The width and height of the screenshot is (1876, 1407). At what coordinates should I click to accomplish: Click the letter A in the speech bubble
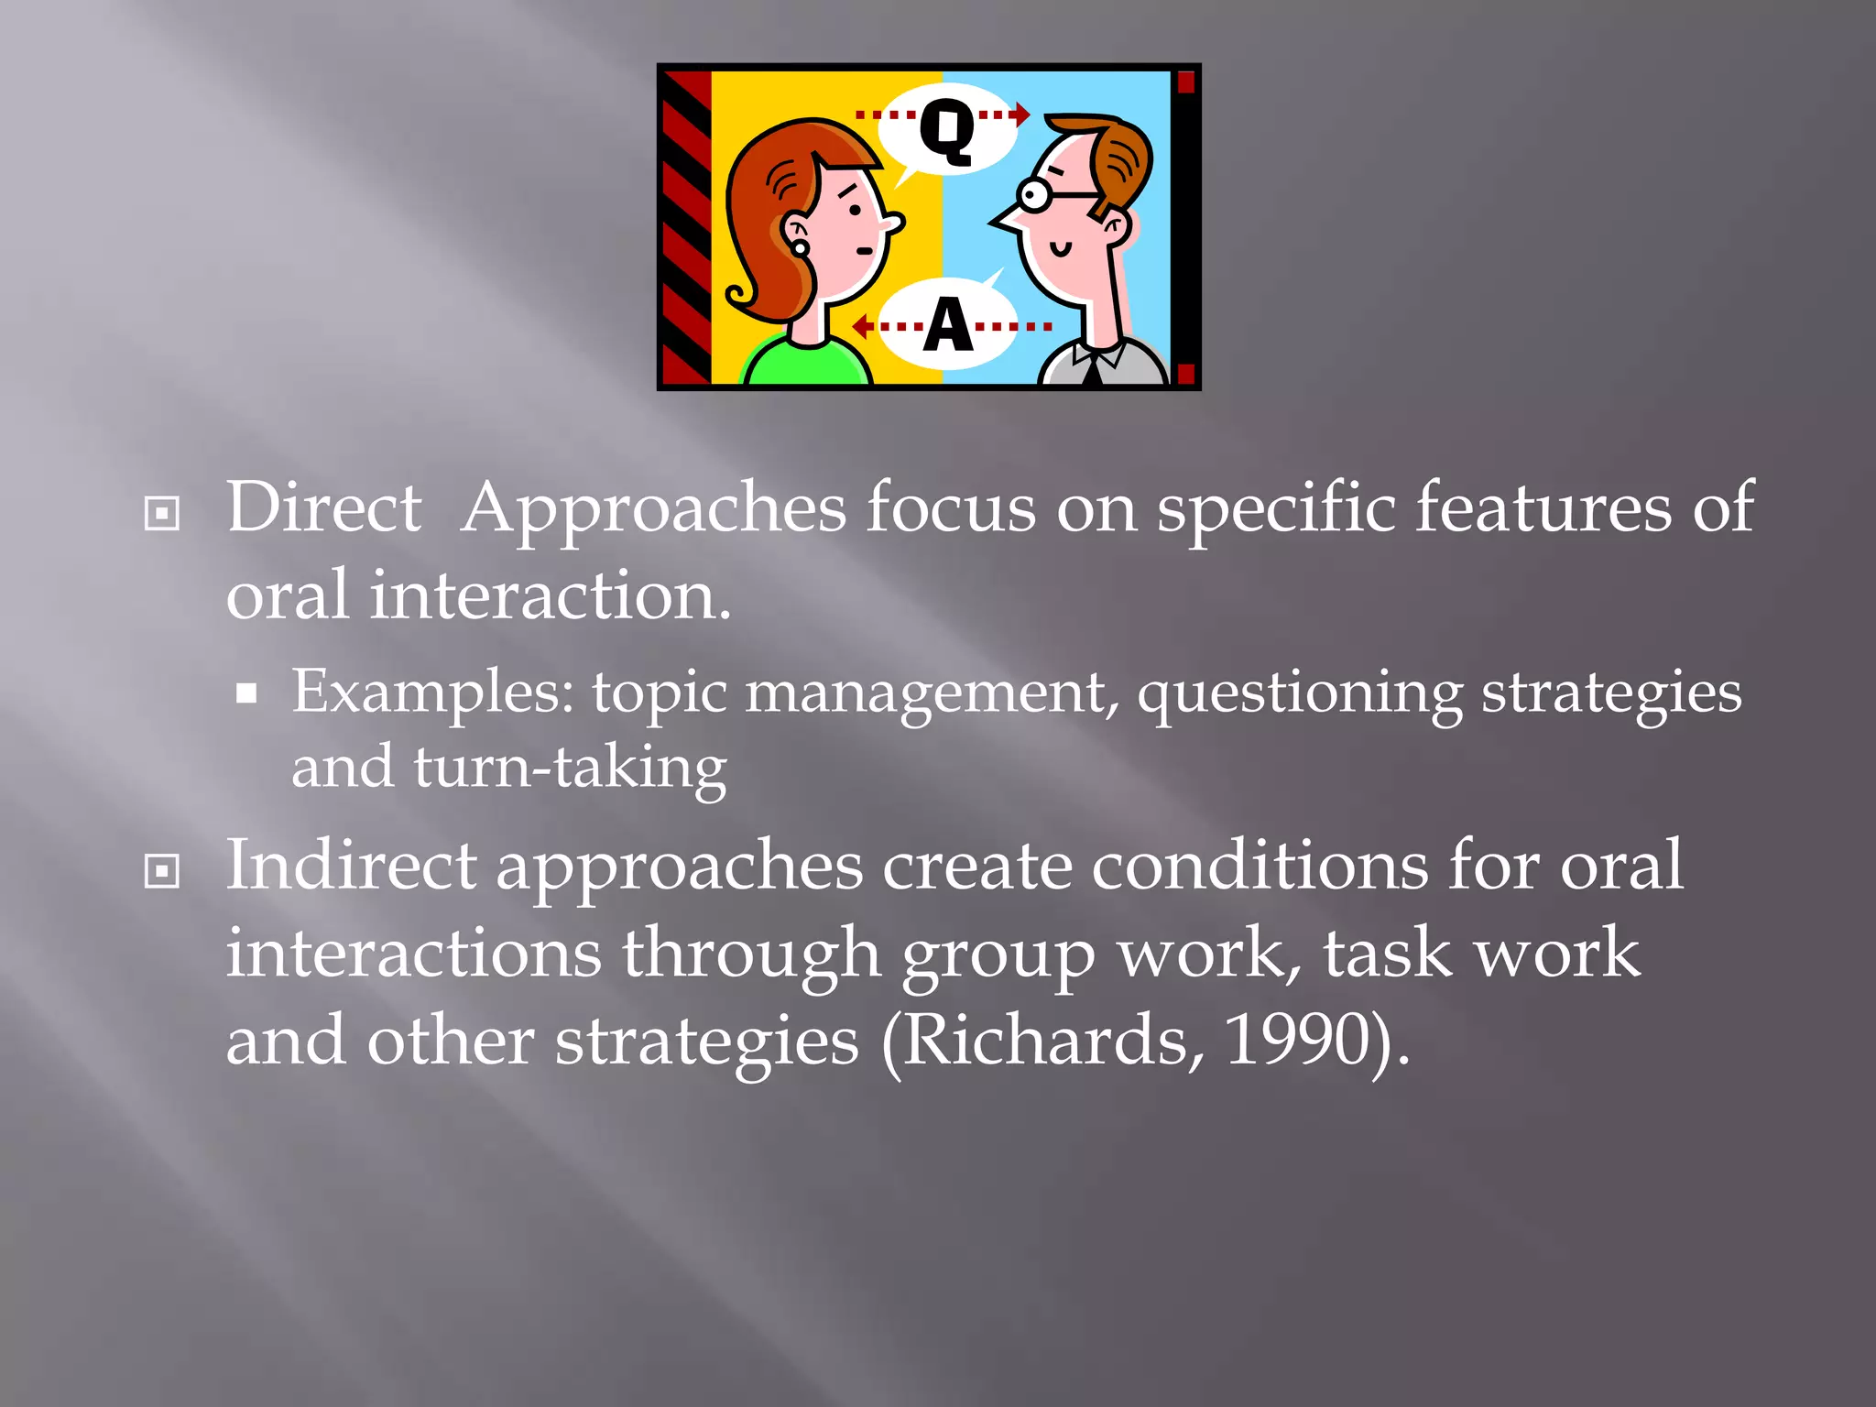click(x=947, y=325)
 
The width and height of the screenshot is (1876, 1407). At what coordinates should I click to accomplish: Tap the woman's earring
click(x=800, y=247)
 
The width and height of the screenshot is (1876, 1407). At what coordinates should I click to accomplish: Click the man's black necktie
click(x=1093, y=370)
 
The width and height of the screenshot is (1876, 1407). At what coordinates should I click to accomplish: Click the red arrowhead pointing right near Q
click(x=1022, y=115)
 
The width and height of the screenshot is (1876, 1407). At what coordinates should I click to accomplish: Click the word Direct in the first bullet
click(x=323, y=507)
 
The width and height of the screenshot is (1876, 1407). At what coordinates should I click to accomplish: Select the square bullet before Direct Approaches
click(x=162, y=513)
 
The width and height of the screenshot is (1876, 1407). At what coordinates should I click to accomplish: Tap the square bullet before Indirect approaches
click(x=162, y=871)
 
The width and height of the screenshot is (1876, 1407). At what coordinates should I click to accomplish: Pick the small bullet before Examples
click(x=246, y=693)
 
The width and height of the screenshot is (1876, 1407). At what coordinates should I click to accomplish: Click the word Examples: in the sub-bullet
click(x=432, y=693)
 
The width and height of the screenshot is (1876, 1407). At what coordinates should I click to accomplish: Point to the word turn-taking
click(x=570, y=768)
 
